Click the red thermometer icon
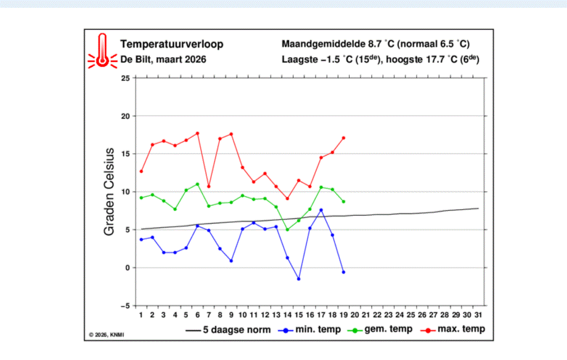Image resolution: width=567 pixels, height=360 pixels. coord(102,51)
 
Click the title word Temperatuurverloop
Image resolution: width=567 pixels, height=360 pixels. coord(172,45)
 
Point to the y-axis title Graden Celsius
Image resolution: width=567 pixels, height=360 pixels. coord(109,192)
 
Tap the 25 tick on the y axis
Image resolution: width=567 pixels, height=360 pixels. coord(125,78)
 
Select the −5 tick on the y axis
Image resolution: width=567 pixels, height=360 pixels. coord(124,306)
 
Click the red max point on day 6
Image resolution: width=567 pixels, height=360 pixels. coord(197,133)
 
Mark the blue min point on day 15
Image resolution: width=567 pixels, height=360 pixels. coord(298,279)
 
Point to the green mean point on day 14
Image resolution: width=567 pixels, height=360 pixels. coord(287,229)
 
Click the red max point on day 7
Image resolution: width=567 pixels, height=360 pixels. coord(209,186)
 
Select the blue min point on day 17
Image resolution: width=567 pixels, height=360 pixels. coord(321,210)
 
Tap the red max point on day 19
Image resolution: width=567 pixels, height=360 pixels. coord(343,138)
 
